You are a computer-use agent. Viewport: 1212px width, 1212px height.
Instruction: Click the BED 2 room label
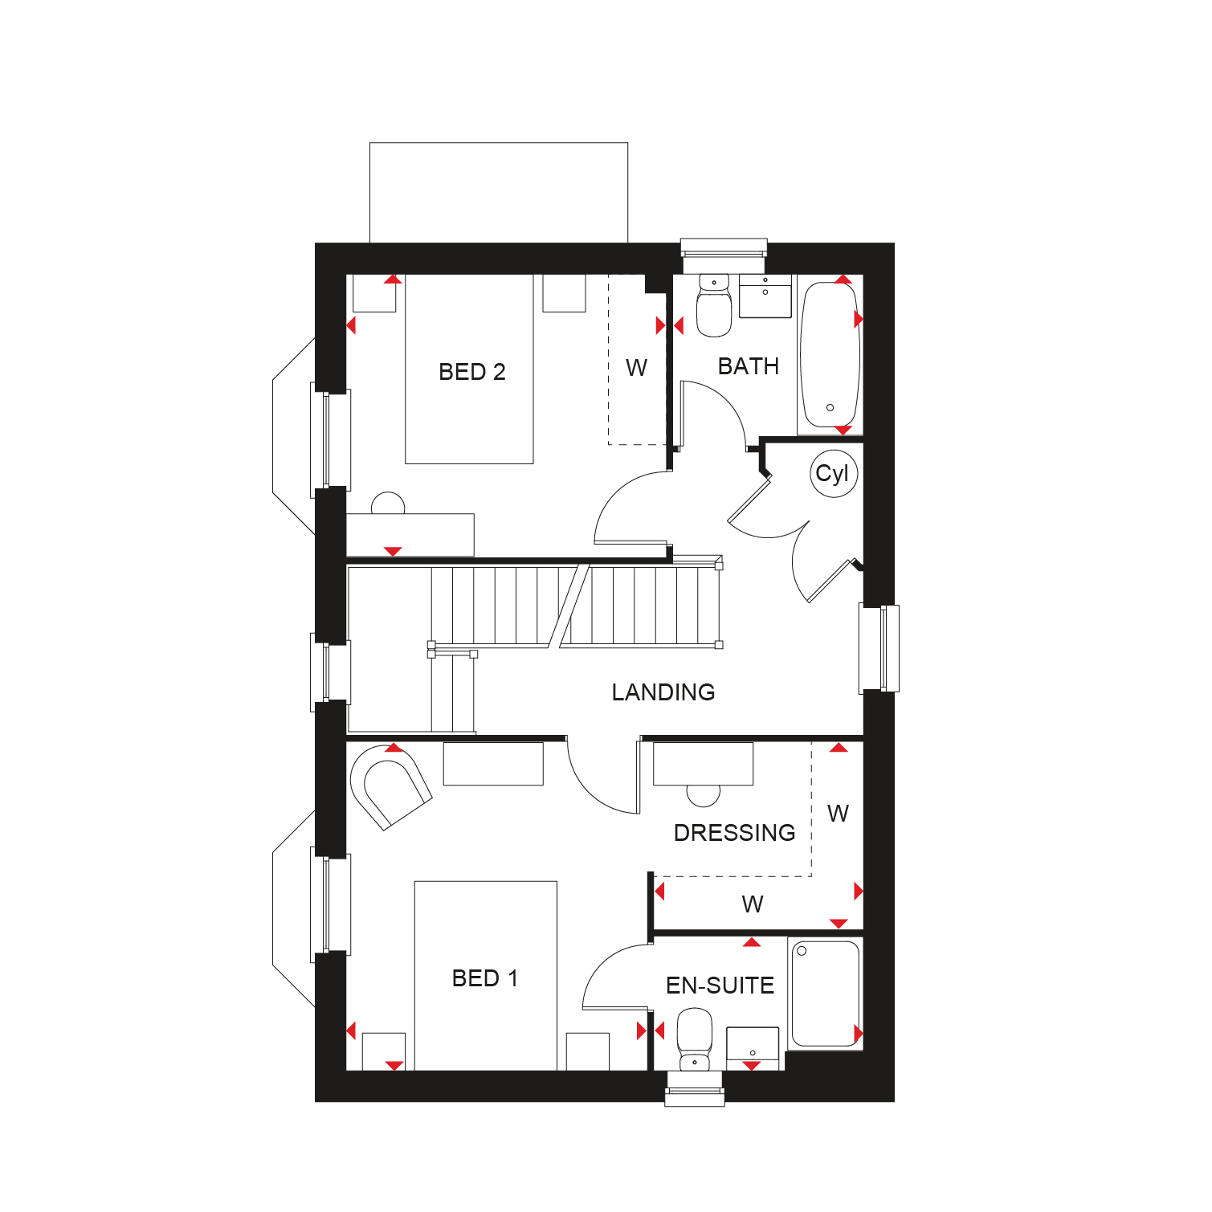(472, 372)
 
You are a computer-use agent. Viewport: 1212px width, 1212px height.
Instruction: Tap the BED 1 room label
(485, 978)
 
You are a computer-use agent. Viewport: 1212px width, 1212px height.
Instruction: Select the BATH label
(749, 366)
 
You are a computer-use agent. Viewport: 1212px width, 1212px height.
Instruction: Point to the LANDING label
(663, 692)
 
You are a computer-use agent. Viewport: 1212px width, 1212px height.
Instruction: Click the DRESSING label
(735, 833)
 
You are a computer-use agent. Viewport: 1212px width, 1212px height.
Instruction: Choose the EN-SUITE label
(720, 986)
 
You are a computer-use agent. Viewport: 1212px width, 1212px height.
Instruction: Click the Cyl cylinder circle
(833, 474)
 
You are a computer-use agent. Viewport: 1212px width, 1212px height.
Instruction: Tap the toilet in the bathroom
(714, 305)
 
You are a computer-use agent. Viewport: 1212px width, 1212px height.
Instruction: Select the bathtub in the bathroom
(830, 354)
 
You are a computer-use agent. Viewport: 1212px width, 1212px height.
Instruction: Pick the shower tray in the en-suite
(826, 994)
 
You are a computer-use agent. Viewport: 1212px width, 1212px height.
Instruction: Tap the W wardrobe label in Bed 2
(636, 368)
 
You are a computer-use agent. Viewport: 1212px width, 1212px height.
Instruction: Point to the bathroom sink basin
(765, 296)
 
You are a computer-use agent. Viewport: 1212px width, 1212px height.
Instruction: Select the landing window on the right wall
(879, 648)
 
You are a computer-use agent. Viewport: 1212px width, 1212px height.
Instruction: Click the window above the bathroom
(724, 256)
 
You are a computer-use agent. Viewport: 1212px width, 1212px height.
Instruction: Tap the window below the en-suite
(695, 1088)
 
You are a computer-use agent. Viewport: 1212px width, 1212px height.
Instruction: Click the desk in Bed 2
(410, 534)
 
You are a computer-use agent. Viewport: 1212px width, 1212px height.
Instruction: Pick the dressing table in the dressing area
(704, 764)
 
